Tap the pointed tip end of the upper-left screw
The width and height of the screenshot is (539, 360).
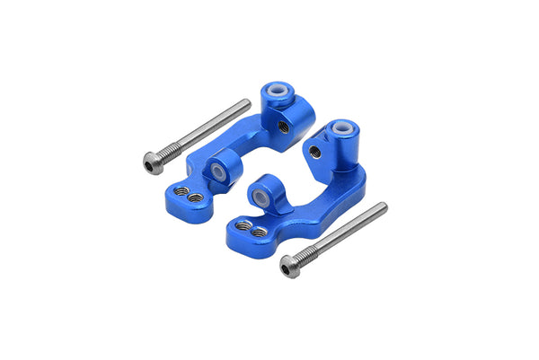[x=247, y=103]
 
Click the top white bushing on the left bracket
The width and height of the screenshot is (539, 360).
[x=276, y=92]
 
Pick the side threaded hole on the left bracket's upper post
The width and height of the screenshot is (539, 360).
[x=284, y=127]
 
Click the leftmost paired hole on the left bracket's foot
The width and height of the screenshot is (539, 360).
[x=181, y=191]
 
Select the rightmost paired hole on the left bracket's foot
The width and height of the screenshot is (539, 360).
[x=195, y=198]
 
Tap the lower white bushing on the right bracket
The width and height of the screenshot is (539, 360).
[x=261, y=195]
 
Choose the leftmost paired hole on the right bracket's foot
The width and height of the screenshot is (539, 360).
[x=243, y=225]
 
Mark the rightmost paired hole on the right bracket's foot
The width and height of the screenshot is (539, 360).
[x=259, y=233]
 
